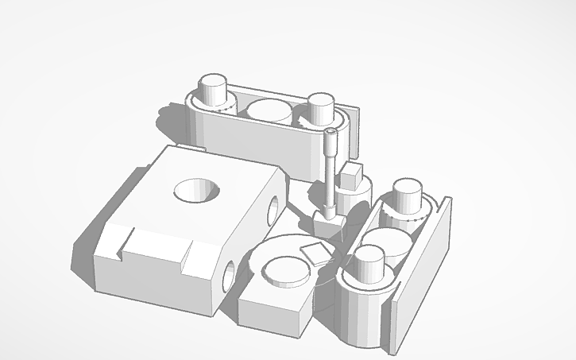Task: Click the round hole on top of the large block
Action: click(196, 190)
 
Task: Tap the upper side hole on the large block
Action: click(273, 208)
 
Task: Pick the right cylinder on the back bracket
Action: click(319, 108)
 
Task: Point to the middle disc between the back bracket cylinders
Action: click(266, 110)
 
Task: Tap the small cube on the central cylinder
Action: click(352, 174)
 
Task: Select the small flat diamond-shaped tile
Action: click(315, 253)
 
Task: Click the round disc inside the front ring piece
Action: click(285, 270)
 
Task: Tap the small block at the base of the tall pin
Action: click(327, 222)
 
